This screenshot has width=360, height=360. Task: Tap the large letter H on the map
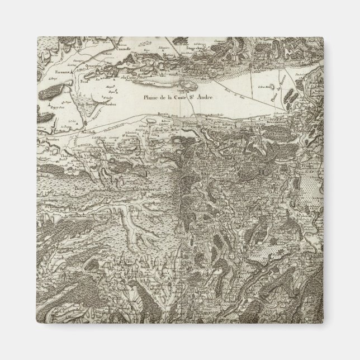247,173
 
